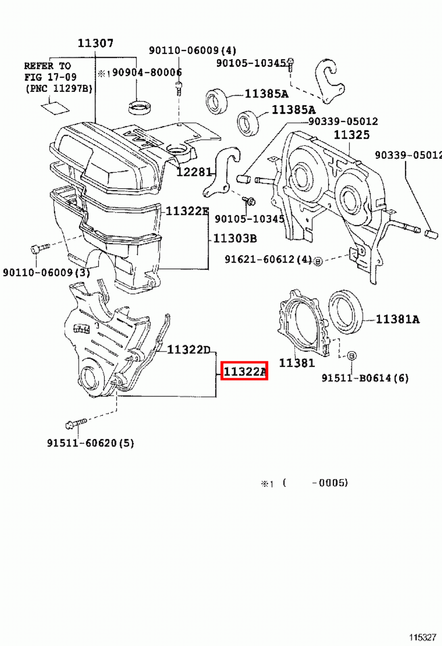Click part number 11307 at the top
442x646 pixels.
[x=95, y=43]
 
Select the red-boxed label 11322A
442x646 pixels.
[x=244, y=371]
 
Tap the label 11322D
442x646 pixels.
[x=189, y=350]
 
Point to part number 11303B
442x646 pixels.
[x=235, y=238]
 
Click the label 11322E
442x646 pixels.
[x=187, y=211]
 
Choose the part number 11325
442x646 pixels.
[x=351, y=135]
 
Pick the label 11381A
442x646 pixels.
[x=398, y=319]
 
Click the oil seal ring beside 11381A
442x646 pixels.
[x=345, y=312]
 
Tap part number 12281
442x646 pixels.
[x=194, y=172]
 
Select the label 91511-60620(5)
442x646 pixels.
[x=90, y=443]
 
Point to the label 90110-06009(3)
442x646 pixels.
[x=46, y=273]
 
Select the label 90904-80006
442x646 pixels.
[x=147, y=72]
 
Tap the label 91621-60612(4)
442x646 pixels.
[x=268, y=259]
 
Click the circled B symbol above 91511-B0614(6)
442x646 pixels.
[x=351, y=356]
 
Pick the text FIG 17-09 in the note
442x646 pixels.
[x=50, y=77]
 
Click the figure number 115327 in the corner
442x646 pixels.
[x=422, y=637]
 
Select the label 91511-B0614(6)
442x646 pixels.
[x=365, y=378]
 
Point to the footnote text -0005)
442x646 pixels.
[x=330, y=482]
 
